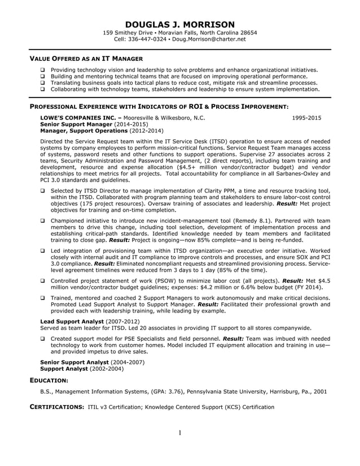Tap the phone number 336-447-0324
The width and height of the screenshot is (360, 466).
click(148, 39)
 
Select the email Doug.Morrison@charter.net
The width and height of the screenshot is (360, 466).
click(209, 39)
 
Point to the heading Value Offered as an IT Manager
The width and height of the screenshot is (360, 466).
click(86, 58)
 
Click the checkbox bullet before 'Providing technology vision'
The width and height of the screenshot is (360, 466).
click(43, 71)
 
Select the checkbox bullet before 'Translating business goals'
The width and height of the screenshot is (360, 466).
click(43, 83)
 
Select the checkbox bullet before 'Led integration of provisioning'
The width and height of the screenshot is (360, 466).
click(43, 250)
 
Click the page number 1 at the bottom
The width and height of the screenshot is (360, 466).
click(179, 433)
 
